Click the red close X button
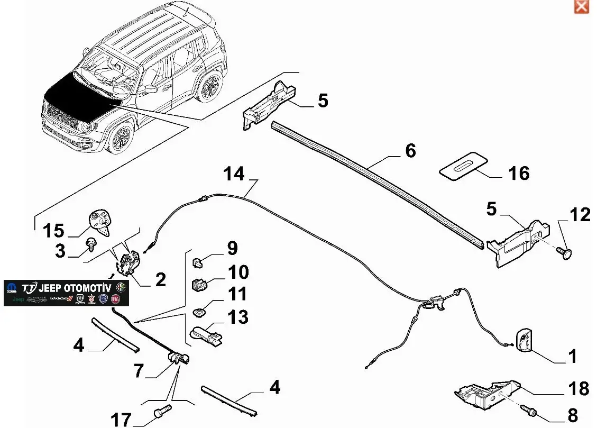pos(581,6)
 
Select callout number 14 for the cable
pos(235,174)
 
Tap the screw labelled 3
pos(92,243)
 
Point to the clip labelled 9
pos(197,260)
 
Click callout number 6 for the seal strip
pos(410,151)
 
